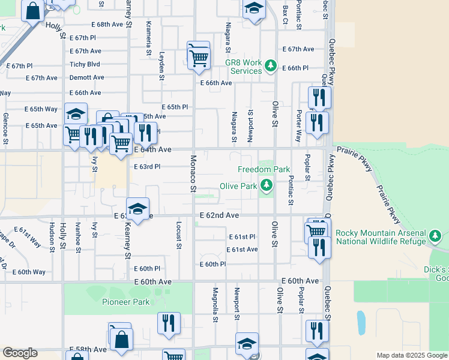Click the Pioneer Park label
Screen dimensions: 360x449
click(x=125, y=302)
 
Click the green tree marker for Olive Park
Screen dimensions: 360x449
click(x=265, y=187)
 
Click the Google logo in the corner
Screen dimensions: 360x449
click(x=20, y=353)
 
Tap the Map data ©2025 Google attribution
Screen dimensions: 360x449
click(x=412, y=355)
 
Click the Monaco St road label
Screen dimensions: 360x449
click(x=193, y=173)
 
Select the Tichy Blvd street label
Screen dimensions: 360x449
click(x=85, y=64)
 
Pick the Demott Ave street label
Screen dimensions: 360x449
click(x=86, y=77)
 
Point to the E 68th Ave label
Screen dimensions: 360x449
click(x=107, y=25)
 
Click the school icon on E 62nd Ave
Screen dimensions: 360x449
click(x=138, y=209)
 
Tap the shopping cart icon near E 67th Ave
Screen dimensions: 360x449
click(x=199, y=56)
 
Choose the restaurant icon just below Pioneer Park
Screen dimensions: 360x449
click(x=169, y=322)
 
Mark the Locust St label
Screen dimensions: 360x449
click(x=179, y=234)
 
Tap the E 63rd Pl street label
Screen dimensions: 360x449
click(x=147, y=167)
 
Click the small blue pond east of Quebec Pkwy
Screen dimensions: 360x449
click(x=361, y=322)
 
